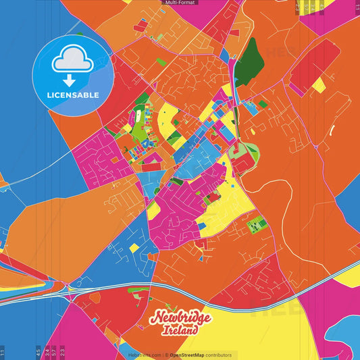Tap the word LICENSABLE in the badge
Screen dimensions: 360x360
72,95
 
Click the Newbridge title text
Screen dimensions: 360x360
181,318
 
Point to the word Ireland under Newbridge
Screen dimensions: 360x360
180,330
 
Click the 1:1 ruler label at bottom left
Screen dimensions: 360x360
3,352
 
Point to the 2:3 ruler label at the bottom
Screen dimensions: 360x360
62,352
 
